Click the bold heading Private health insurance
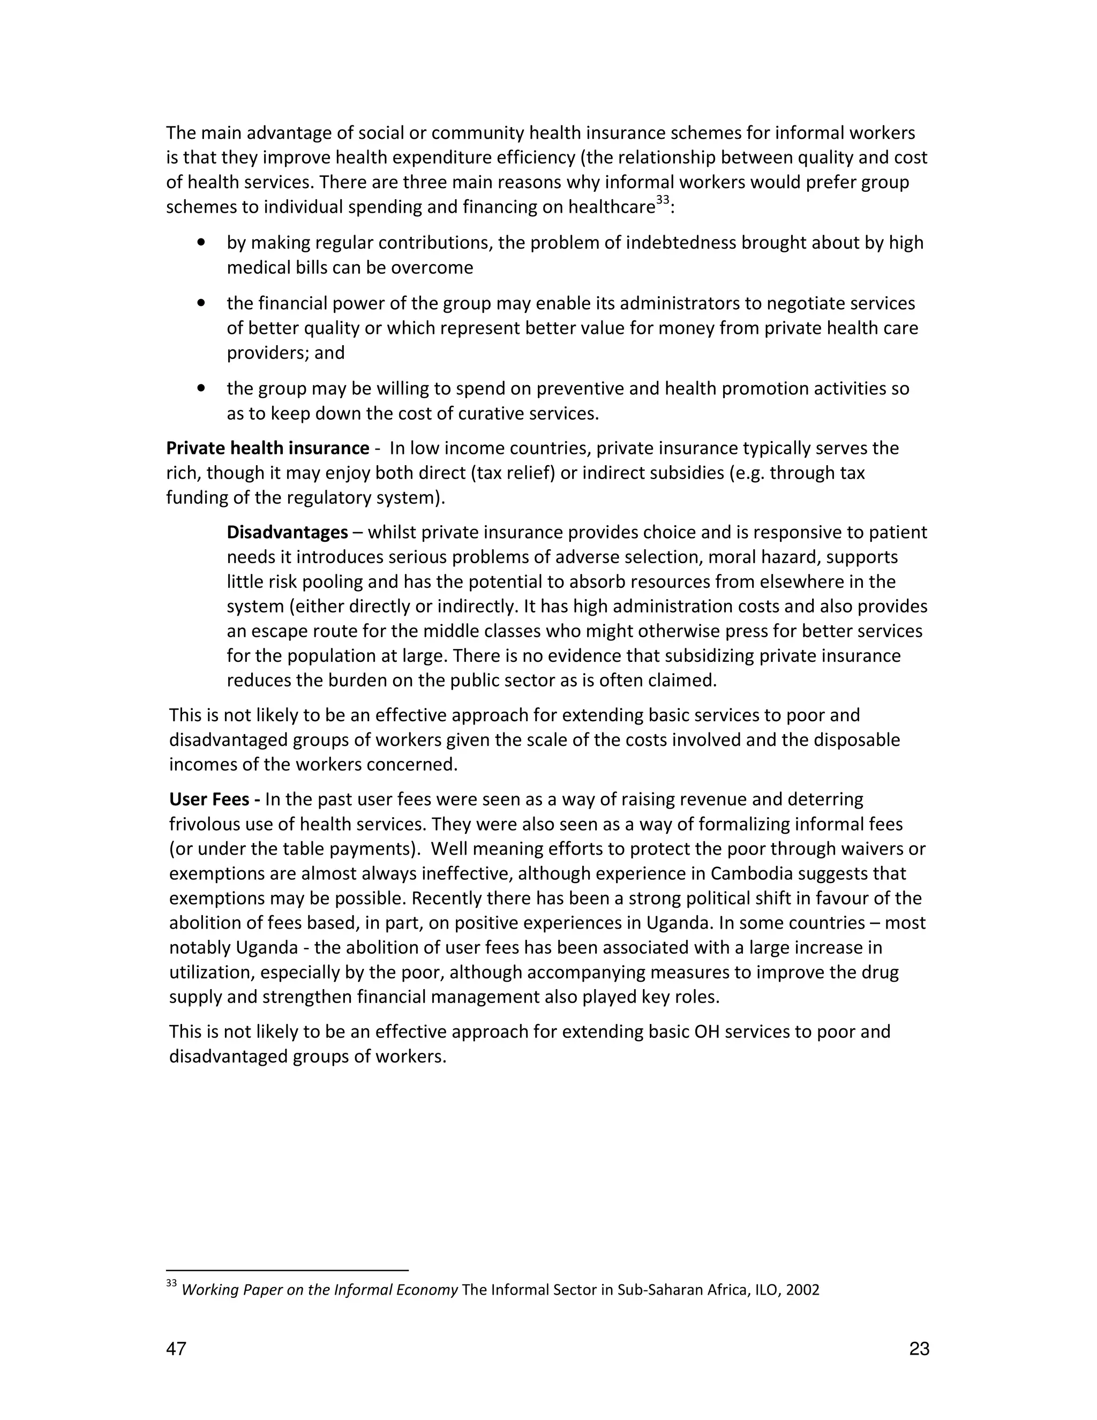(x=267, y=449)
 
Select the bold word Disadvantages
(x=287, y=533)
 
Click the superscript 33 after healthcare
(x=662, y=201)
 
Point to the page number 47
(x=176, y=1349)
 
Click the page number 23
(x=919, y=1349)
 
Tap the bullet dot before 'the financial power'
(x=201, y=303)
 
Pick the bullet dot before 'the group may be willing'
(x=201, y=388)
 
